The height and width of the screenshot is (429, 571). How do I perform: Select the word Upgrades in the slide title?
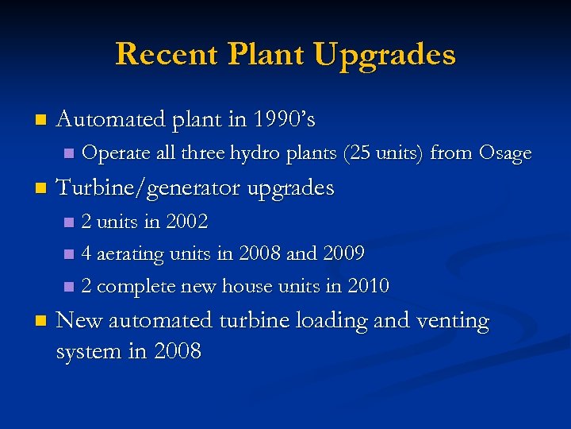385,56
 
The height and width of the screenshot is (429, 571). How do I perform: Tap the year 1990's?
284,120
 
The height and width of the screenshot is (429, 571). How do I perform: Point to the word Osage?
504,153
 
